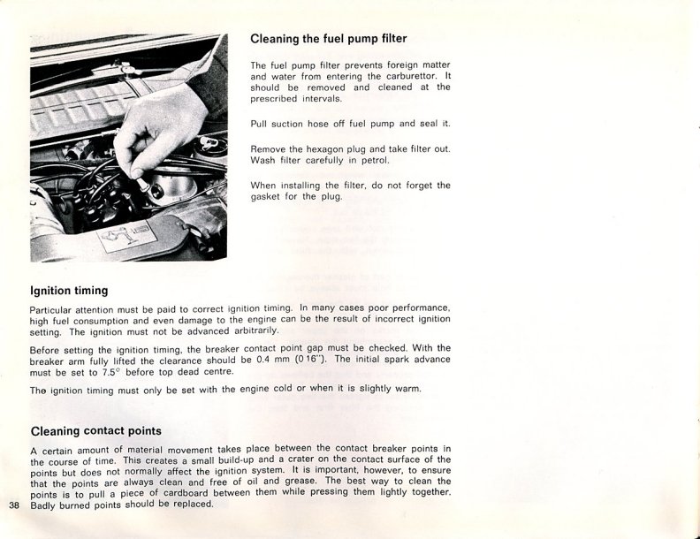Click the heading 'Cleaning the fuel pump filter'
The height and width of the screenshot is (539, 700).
tap(328, 39)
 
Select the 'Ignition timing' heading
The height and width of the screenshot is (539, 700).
tap(69, 290)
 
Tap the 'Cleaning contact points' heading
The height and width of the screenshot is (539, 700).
tap(95, 431)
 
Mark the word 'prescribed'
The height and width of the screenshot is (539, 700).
tap(278, 99)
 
